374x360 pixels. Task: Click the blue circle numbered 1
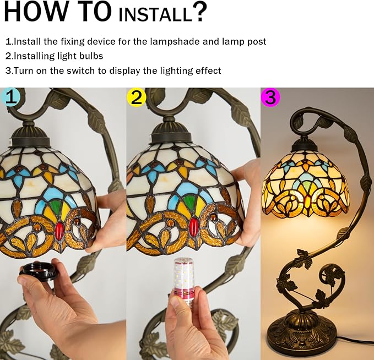click(9, 96)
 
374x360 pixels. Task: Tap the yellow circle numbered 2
click(137, 97)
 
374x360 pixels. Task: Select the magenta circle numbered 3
click(270, 96)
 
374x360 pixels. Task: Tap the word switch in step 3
click(80, 70)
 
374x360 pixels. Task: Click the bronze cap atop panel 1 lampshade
click(30, 136)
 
